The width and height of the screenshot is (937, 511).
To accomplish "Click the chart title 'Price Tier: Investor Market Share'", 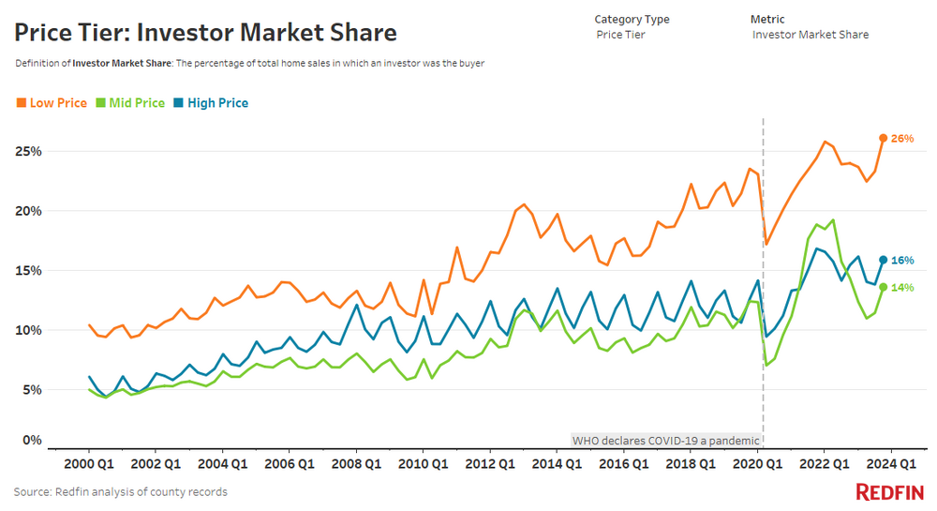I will (x=205, y=34).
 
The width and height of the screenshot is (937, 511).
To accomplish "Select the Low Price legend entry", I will (x=52, y=103).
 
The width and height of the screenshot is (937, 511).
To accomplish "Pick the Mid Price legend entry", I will (x=130, y=103).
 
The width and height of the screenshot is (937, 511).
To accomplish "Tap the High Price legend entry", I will (x=211, y=103).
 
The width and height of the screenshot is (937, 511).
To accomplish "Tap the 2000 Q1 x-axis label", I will (x=89, y=463).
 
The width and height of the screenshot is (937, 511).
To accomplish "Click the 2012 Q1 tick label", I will (x=490, y=463).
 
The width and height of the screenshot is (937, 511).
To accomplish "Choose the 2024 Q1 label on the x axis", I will (x=891, y=463).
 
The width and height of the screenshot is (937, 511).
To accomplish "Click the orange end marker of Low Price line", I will (x=883, y=138).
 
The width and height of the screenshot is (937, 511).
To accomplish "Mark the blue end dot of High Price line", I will (x=883, y=260).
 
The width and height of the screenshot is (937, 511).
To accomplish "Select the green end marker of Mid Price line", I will (x=883, y=287).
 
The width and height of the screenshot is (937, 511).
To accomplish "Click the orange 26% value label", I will (x=902, y=139).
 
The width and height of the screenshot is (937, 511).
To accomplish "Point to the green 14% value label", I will (x=902, y=288).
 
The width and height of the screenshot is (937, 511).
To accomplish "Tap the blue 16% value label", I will (x=902, y=261).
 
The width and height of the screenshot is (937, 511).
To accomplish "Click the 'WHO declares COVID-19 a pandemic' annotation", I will (x=666, y=440).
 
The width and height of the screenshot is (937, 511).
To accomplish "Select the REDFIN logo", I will (x=889, y=492).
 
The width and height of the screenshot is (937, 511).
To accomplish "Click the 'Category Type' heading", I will (x=632, y=19).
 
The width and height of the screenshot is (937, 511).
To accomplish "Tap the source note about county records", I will (x=120, y=491).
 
